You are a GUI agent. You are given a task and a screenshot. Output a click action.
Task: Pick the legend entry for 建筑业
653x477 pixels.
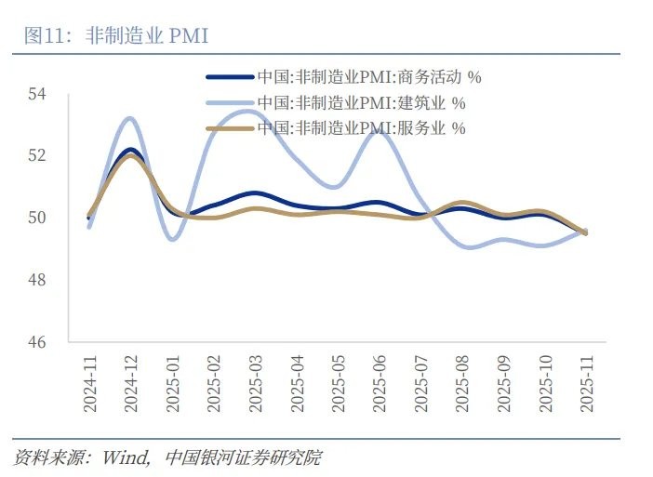coord(361,102)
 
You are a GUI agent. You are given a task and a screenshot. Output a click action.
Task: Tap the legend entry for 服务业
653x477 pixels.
coord(361,127)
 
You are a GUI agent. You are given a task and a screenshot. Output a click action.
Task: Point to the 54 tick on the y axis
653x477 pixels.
coord(37,94)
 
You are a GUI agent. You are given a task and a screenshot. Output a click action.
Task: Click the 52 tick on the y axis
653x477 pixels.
coord(37,155)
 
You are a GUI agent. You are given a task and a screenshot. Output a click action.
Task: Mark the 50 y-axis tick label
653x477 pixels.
coord(37,218)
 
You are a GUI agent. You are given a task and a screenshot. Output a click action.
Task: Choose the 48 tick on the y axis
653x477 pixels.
coord(37,280)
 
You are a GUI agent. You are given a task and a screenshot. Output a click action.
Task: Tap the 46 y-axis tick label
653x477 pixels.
coord(37,342)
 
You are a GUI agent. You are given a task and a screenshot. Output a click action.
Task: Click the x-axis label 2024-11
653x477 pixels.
coord(89,381)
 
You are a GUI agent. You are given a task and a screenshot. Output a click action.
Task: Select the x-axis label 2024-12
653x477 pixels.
coord(131,381)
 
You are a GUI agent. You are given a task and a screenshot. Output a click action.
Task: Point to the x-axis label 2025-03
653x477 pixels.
coord(257,381)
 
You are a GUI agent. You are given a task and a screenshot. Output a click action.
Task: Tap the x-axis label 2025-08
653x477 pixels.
coord(462,381)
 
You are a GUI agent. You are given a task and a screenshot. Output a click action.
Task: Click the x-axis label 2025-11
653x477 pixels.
coord(586,381)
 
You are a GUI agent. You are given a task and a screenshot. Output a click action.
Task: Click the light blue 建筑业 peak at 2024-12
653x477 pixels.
coord(130,118)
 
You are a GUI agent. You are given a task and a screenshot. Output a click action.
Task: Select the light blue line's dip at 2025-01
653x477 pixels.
coord(172,239)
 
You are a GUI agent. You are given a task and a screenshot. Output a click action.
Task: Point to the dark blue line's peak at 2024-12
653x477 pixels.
coord(130,150)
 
